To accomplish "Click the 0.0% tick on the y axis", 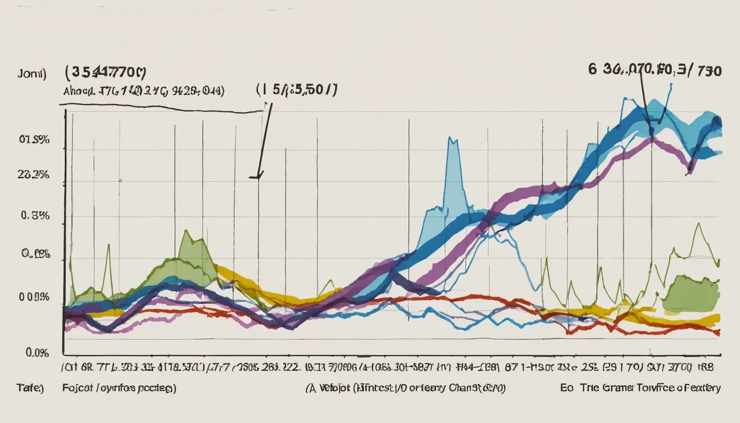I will (37, 353).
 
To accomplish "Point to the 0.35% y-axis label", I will (35, 216).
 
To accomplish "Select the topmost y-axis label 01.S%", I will (34, 140).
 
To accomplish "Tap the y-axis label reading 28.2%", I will (33, 175).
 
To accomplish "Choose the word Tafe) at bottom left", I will (30, 388).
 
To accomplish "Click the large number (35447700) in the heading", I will (106, 72).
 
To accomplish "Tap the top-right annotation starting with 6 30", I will (655, 70).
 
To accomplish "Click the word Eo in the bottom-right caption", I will (566, 388).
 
